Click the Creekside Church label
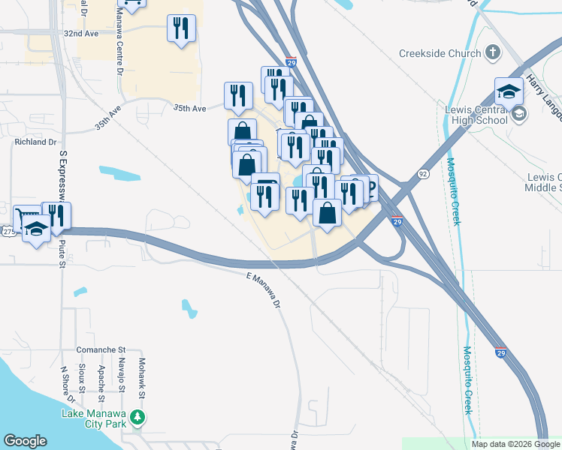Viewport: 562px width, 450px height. pos(440,54)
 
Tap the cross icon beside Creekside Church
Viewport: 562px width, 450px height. pos(492,52)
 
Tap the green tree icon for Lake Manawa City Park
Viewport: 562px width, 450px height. pos(137,416)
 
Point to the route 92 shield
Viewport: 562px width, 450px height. pos(424,174)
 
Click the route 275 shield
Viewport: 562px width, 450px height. pos(8,232)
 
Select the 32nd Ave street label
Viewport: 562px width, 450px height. pos(81,34)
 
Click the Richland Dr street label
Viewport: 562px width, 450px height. pos(35,141)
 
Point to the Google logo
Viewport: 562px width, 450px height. pos(25,441)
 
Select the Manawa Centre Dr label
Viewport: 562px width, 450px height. pos(119,52)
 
